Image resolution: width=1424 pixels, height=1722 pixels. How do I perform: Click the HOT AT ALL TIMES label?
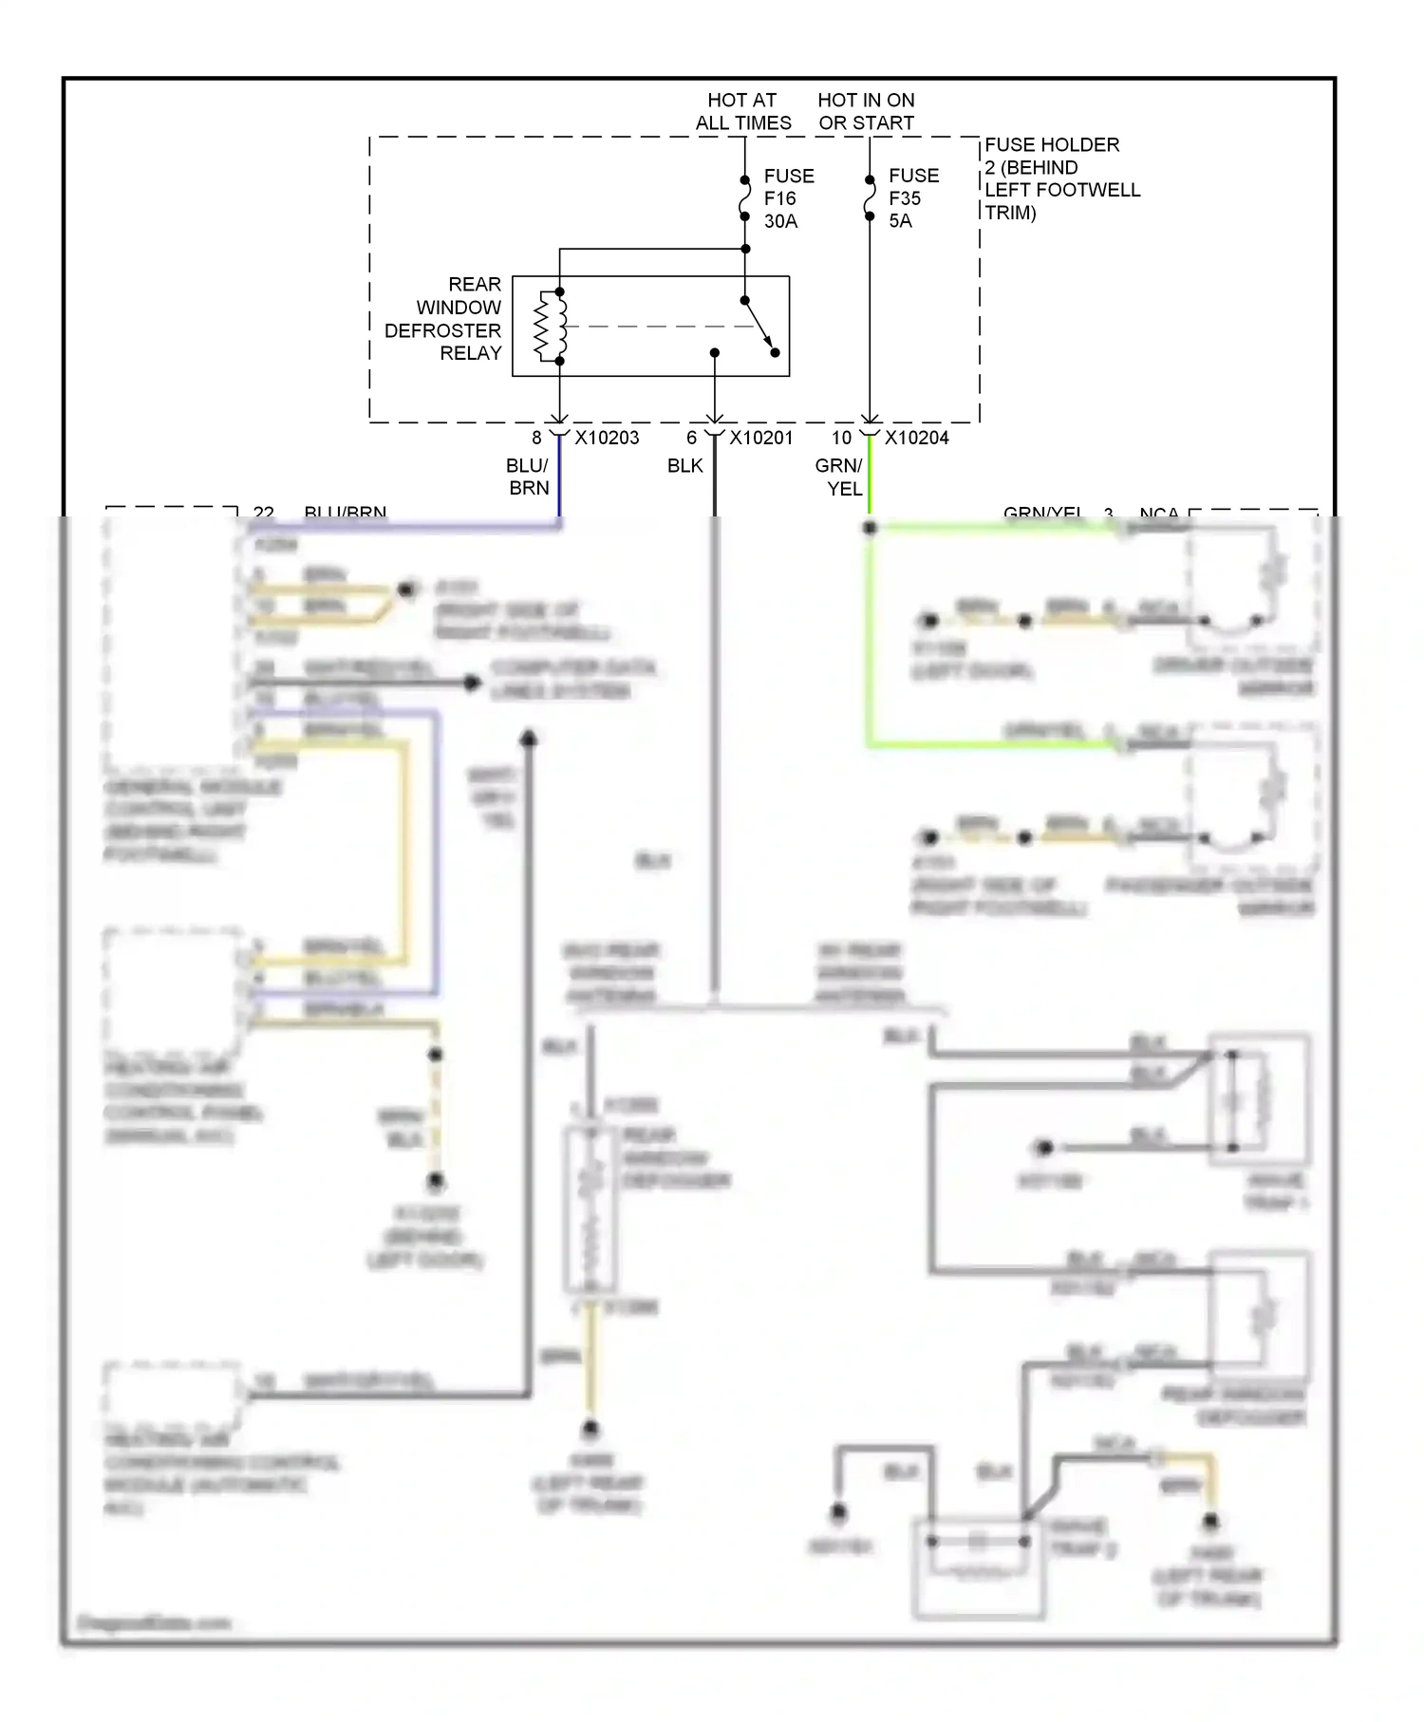[742, 111]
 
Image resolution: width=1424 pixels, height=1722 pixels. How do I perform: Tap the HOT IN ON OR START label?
[866, 111]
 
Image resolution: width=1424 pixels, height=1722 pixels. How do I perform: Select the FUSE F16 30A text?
[788, 198]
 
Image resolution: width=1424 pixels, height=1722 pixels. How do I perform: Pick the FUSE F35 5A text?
[912, 197]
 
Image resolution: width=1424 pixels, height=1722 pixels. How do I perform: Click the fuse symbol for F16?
[745, 197]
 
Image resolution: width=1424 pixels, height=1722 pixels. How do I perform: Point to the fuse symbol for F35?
[870, 197]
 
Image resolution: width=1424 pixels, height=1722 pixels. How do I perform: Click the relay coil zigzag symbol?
[548, 326]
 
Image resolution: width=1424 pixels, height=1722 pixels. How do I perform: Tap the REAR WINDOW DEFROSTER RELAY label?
[443, 319]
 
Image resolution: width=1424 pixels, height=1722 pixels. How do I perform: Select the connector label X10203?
[607, 438]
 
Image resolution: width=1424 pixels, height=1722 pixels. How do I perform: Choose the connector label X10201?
[760, 438]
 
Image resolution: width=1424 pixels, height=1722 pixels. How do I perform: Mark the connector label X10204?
[916, 438]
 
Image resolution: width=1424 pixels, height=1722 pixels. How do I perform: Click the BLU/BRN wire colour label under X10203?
[528, 477]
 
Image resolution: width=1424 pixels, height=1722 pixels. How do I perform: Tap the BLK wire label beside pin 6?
[684, 466]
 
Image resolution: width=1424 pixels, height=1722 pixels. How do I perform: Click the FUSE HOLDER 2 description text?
[1061, 178]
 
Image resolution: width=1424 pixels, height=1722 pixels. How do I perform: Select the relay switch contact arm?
[759, 327]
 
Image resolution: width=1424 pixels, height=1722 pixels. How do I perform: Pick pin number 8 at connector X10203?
[536, 438]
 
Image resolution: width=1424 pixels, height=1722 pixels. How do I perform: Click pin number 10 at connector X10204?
[841, 438]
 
